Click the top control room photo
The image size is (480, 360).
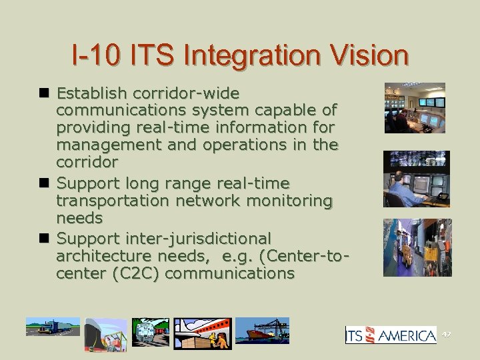coord(414,108)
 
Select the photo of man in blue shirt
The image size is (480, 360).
coord(416,179)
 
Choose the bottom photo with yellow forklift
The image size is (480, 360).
coord(417,247)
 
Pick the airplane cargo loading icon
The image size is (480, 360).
coord(203,333)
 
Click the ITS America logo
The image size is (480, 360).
coord(391,335)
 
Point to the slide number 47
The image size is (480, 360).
coord(447,333)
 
